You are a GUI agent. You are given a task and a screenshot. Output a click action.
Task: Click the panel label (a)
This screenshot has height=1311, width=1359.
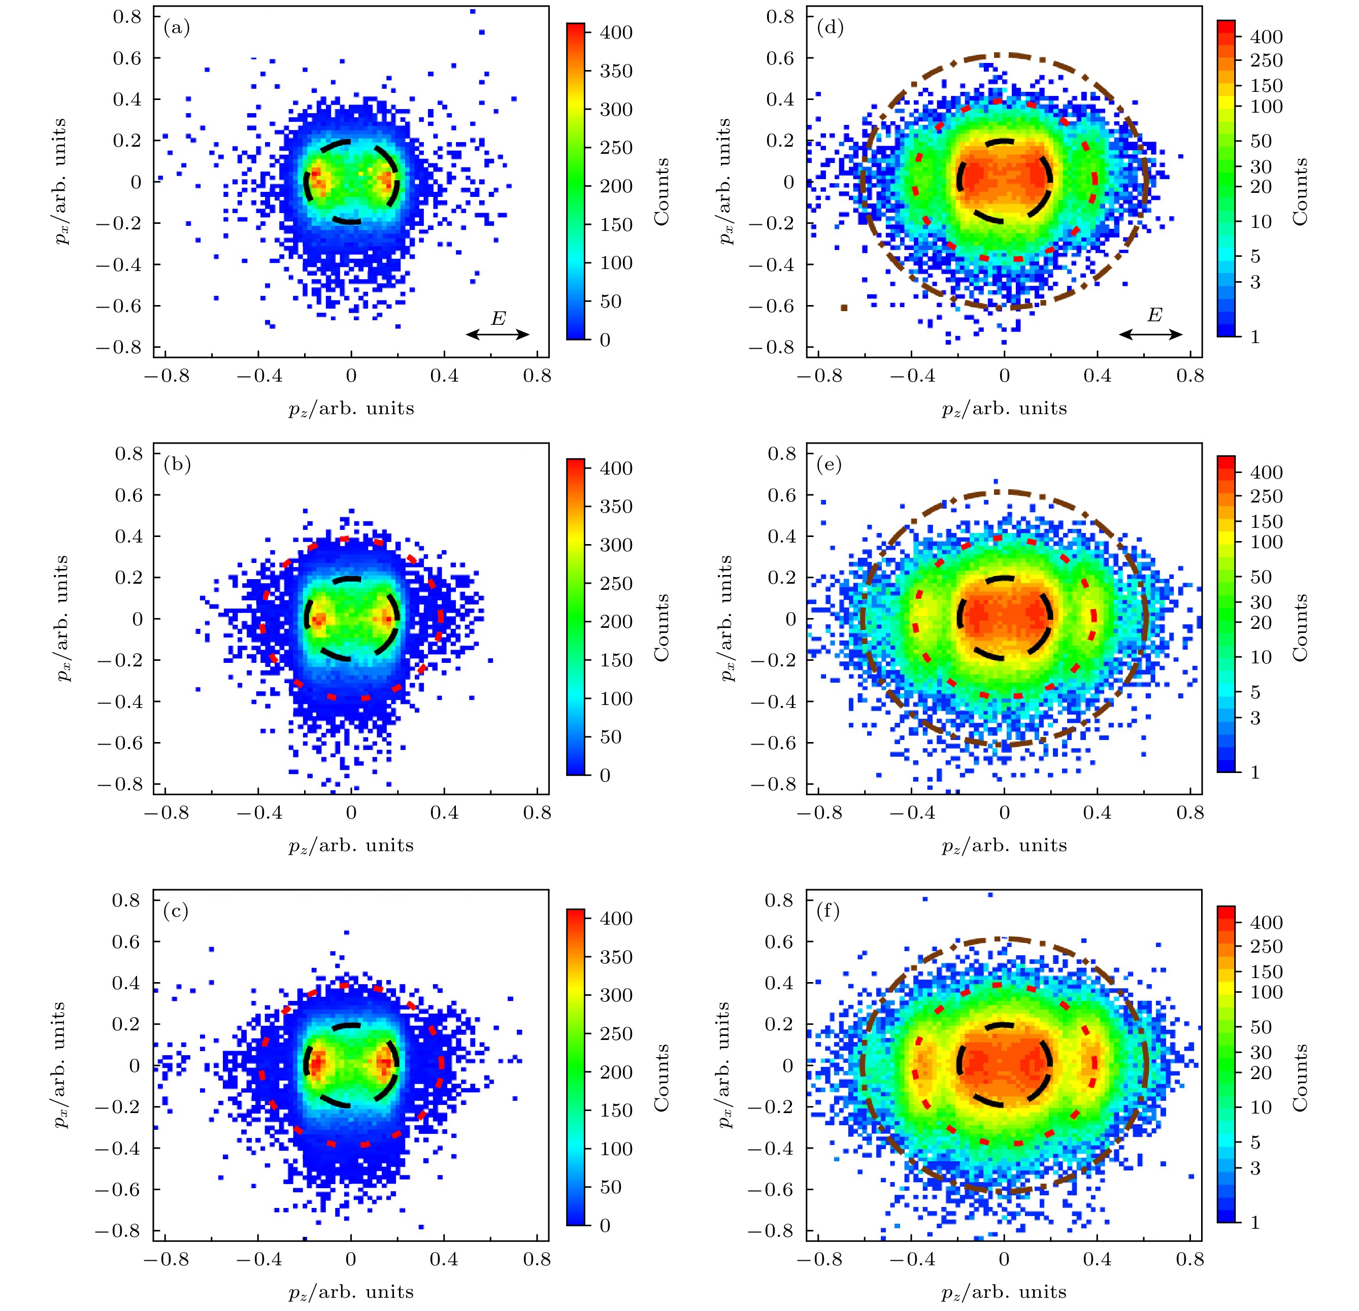[x=176, y=28]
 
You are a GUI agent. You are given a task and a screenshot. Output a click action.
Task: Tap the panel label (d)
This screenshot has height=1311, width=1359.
[x=830, y=28]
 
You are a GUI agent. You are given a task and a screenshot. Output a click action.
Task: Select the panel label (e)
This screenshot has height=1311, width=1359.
[x=830, y=464]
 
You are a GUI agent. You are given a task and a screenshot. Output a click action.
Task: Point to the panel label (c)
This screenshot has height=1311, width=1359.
[x=176, y=911]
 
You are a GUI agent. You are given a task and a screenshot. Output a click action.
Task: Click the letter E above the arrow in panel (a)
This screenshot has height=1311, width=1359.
[x=498, y=318]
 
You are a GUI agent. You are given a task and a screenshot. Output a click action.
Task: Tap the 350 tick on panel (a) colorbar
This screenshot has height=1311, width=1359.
[x=616, y=71]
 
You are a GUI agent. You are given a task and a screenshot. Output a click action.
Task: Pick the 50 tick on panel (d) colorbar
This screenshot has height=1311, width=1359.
[x=1261, y=141]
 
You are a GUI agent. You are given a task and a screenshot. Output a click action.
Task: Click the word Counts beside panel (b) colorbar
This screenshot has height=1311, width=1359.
[x=662, y=627]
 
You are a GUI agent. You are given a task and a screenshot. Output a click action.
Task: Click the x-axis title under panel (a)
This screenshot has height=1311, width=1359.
[x=351, y=409]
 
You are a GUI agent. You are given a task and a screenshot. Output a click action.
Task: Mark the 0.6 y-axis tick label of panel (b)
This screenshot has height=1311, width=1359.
[x=127, y=495]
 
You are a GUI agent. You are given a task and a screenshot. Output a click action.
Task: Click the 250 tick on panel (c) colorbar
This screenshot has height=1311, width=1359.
[x=616, y=1033]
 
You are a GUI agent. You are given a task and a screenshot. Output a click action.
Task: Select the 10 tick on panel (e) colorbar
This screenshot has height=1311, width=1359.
[x=1261, y=657]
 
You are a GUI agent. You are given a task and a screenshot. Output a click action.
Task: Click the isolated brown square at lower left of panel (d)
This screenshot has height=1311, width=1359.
[x=844, y=307]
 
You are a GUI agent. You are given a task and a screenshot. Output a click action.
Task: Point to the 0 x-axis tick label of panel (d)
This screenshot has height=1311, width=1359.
[x=1004, y=376]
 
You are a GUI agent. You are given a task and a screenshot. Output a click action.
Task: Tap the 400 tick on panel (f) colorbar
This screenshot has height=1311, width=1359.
[x=1266, y=922]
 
